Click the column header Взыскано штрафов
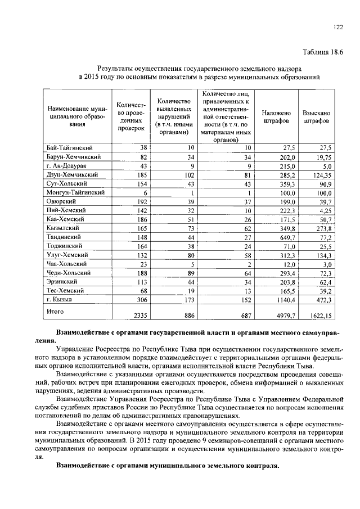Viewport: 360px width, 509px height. click(x=316, y=116)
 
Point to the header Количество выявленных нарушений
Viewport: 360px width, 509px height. click(x=173, y=116)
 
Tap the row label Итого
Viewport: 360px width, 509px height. click(x=55, y=310)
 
